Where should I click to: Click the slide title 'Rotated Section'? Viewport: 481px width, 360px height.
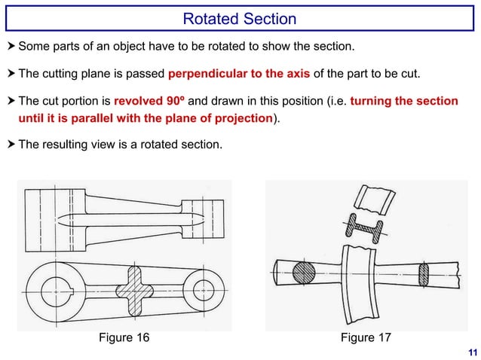pyautogui.click(x=240, y=19)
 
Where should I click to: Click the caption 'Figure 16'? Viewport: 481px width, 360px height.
pyautogui.click(x=124, y=337)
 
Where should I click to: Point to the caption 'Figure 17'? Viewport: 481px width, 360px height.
pyautogui.click(x=366, y=337)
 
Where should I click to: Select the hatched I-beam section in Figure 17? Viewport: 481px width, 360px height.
pyautogui.click(x=363, y=227)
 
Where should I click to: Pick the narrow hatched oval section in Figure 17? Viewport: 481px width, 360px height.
pyautogui.click(x=422, y=273)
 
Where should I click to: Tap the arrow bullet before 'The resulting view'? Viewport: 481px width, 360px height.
pyautogui.click(x=11, y=143)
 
